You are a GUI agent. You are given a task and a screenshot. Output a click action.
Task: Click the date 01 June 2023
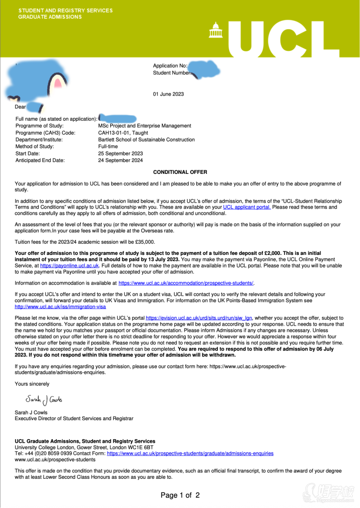point(168,94)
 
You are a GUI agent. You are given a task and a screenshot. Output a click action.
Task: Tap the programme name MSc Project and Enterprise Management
point(144,126)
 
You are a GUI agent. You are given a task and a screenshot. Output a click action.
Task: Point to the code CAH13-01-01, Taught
point(123,133)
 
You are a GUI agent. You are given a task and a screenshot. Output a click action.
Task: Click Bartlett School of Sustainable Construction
point(146,140)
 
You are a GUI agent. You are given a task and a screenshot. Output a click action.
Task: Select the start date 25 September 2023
point(120,154)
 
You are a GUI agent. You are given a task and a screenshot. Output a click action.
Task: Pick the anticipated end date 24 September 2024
point(120,160)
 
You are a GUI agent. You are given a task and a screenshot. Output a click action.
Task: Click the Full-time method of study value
point(108,146)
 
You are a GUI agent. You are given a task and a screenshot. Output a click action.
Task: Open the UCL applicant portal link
point(247,207)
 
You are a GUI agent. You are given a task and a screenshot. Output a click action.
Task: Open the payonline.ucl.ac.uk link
point(69,266)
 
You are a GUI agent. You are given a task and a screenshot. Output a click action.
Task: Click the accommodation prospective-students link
point(186,283)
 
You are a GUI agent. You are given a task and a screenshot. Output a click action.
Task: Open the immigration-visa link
point(60,307)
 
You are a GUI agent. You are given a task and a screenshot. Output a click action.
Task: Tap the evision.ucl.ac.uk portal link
point(199,318)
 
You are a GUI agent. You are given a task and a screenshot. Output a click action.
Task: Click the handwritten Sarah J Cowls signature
point(44,399)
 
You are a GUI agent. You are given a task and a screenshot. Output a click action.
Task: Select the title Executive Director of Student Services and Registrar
point(74,418)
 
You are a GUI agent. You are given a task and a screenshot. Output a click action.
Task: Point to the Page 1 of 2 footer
point(180,495)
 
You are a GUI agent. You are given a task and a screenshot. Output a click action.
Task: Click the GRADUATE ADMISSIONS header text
point(50,17)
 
